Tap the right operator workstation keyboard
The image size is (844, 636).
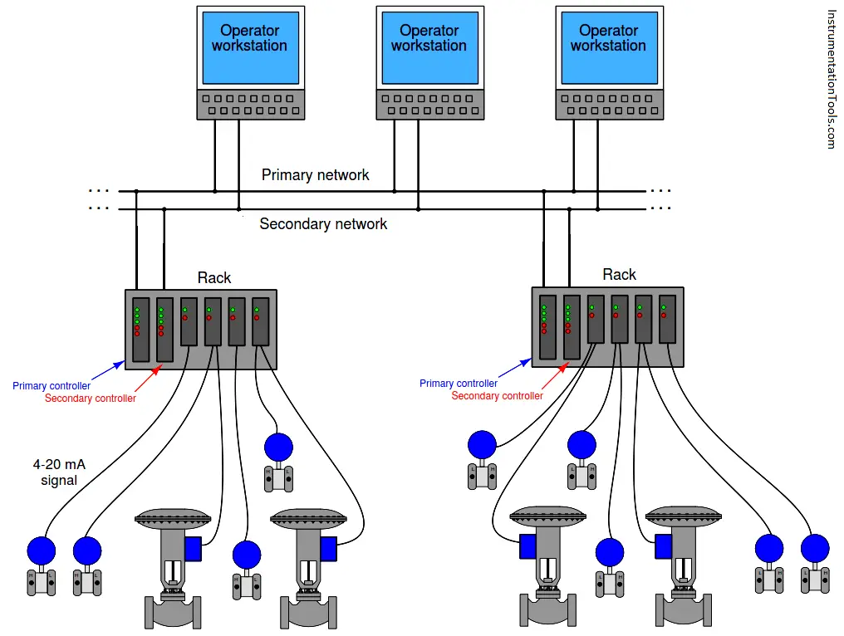[609, 105]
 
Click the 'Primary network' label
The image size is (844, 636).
[315, 175]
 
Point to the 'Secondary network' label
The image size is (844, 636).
[323, 224]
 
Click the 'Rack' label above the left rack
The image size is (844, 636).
[214, 277]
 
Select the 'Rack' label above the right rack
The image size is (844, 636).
[619, 275]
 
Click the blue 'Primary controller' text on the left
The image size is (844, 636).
[52, 386]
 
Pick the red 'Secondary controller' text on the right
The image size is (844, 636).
[497, 396]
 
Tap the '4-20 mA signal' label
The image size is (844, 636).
[58, 472]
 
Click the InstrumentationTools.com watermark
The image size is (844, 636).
[832, 80]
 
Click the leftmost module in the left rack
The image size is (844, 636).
[140, 329]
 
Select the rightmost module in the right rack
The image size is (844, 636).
[667, 319]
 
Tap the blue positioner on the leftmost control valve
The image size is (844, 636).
[194, 549]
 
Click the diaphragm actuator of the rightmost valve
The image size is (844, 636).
[681, 517]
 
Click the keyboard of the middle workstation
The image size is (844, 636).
[429, 105]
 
